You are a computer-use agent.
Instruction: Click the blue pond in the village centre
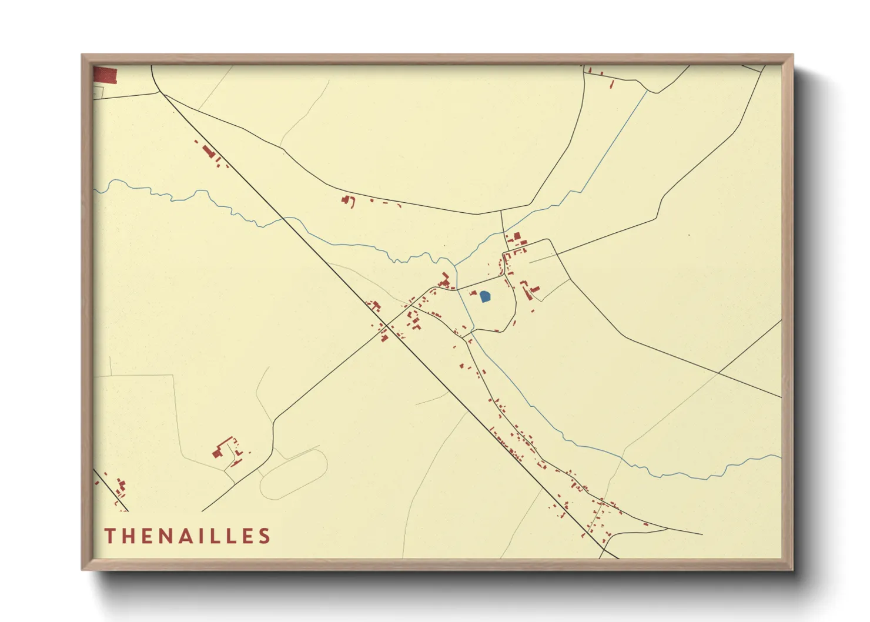pos(485,296)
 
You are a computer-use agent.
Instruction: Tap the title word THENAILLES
pos(188,536)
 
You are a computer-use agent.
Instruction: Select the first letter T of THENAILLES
pos(110,536)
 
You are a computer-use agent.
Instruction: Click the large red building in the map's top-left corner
pos(106,75)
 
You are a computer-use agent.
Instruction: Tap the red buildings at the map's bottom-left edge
pos(121,488)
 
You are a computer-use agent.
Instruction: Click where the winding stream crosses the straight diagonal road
pos(286,218)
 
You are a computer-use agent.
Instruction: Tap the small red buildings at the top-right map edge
pos(600,75)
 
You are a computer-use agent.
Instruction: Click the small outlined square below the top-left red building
pos(98,92)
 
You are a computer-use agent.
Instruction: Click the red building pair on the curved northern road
pos(348,201)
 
